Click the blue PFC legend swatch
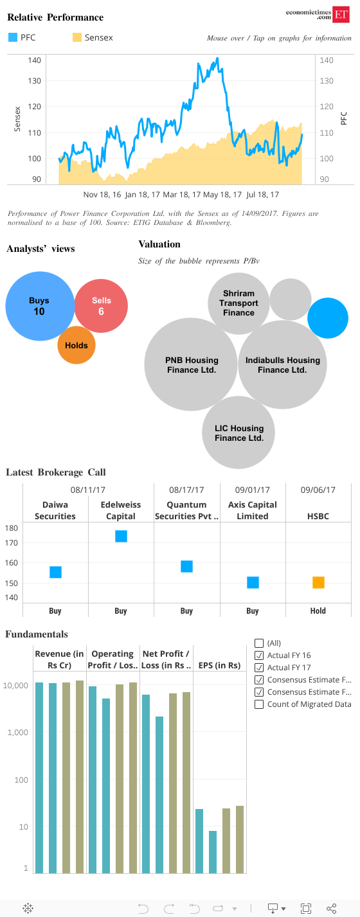tap(13, 37)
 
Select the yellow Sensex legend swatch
tap(77, 37)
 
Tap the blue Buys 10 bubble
tap(40, 306)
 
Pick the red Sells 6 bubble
tap(101, 306)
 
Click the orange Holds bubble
tap(76, 345)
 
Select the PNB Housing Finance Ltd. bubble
tap(191, 364)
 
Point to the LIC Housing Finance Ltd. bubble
tap(239, 432)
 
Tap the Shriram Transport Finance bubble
tap(239, 303)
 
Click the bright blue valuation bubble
tap(328, 318)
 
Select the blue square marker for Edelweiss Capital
tap(122, 536)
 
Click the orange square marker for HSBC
tap(318, 582)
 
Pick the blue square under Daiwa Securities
tap(56, 572)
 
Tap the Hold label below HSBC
tap(318, 610)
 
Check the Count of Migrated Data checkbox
tap(259, 704)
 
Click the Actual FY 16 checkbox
tap(259, 655)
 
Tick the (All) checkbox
tap(259, 643)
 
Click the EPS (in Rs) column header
tap(219, 665)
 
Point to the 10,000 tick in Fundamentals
tap(15, 685)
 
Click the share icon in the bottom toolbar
tap(331, 909)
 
